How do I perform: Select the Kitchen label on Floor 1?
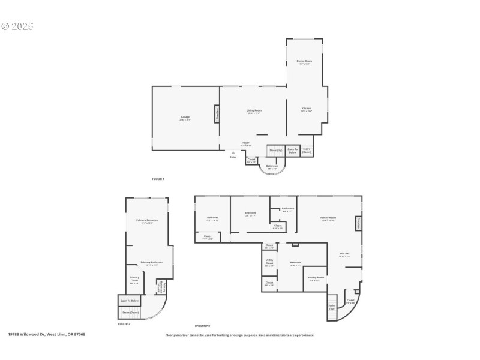[306, 109]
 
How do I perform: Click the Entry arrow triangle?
[233, 153]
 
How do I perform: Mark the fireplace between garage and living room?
[217, 113]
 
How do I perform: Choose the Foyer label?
[246, 143]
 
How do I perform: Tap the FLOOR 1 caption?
[158, 179]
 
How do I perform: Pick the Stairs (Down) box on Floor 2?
[130, 312]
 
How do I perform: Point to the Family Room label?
[328, 218]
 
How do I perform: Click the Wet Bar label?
[344, 254]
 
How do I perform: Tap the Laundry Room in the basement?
[315, 278]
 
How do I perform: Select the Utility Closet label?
[269, 263]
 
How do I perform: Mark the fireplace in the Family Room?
[359, 223]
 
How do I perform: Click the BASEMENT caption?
[203, 326]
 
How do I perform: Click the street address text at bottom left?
[46, 334]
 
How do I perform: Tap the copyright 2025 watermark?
[17, 26]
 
